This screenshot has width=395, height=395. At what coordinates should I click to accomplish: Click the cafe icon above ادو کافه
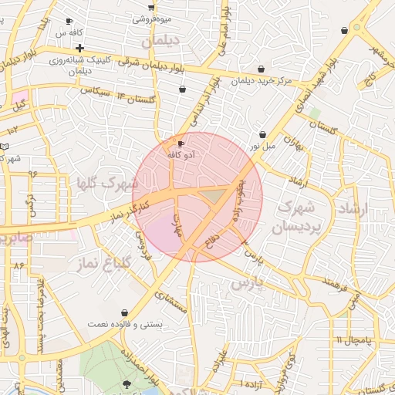tap(181, 143)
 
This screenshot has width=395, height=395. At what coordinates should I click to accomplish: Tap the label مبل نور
tap(261, 145)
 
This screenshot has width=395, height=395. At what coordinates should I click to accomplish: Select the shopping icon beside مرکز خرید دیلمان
tap(262, 69)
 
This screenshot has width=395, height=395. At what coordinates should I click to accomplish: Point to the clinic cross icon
tap(79, 49)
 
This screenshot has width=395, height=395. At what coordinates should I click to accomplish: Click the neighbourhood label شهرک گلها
tap(107, 184)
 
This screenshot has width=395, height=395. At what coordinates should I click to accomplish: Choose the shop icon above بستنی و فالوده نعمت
tap(124, 313)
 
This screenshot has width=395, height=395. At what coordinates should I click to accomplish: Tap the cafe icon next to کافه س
tap(69, 22)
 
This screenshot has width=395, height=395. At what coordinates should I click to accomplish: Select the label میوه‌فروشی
tap(150, 18)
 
